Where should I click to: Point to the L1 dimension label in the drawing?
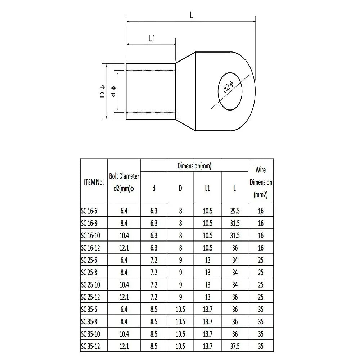(152, 39)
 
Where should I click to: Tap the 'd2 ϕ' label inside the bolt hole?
(228, 87)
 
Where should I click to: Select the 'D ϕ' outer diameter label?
(102, 92)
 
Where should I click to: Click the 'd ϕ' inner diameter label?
(113, 92)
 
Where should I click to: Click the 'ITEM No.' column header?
(93, 183)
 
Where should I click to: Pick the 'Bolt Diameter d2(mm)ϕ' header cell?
(124, 183)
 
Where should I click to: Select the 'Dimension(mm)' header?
(194, 166)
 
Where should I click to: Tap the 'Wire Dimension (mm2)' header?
(261, 182)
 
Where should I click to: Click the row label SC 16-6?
(89, 211)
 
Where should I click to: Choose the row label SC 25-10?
(91, 285)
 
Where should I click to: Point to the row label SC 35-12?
(91, 346)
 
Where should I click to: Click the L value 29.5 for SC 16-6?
(234, 211)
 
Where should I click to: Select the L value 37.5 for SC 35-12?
(234, 346)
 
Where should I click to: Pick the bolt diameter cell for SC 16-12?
(124, 248)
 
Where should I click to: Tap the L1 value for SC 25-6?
(207, 260)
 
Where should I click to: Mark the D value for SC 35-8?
(180, 322)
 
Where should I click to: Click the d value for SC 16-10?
(154, 236)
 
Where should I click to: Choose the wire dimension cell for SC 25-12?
(261, 297)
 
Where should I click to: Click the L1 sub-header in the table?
(207, 188)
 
